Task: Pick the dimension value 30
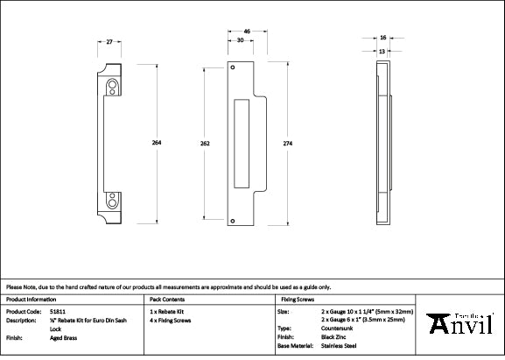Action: point(240,40)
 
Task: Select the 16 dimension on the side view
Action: point(383,38)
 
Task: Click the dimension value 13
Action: point(383,51)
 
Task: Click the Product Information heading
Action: point(31,299)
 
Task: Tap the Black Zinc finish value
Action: point(336,337)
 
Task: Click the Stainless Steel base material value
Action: point(340,346)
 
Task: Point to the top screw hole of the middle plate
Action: point(234,67)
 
